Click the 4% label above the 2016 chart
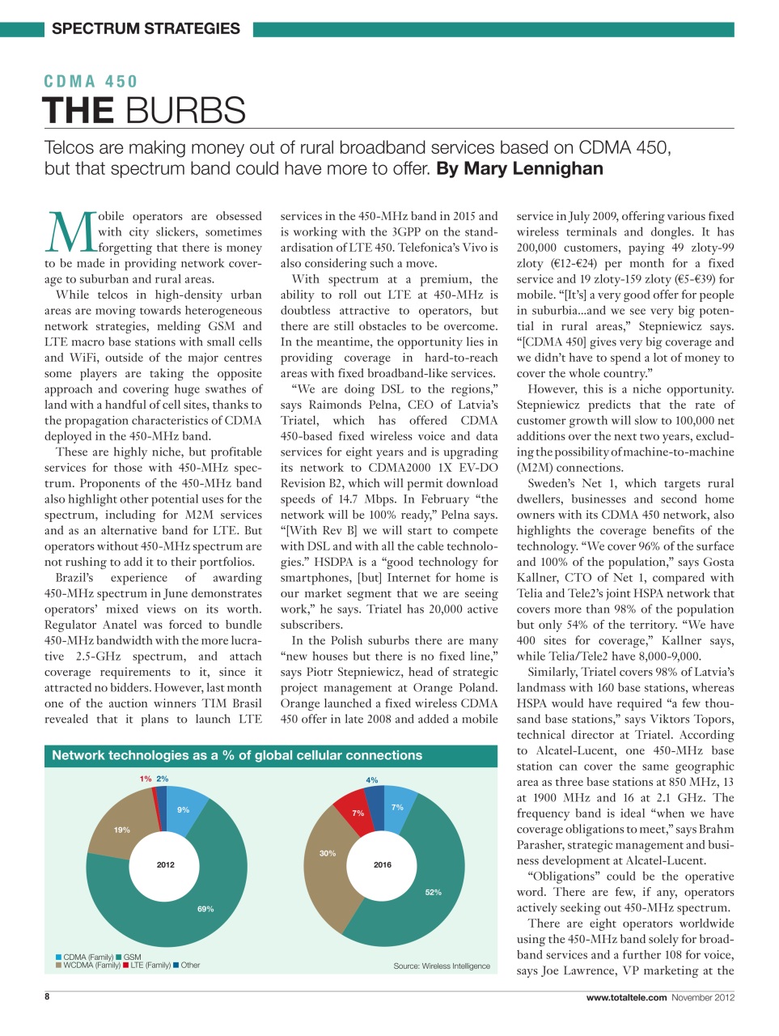(x=372, y=780)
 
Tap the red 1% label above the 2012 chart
(x=145, y=779)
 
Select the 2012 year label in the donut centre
(x=166, y=864)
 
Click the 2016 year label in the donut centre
(x=383, y=864)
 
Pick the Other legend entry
(x=190, y=965)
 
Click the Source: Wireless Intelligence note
(x=442, y=966)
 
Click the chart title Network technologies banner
(x=237, y=755)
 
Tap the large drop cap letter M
(x=71, y=232)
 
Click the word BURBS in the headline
(x=185, y=110)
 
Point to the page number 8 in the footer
(x=47, y=996)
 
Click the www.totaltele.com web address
(x=626, y=997)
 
